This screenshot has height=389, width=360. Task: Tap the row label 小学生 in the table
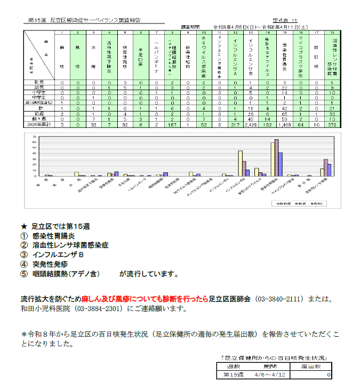click(x=39, y=92)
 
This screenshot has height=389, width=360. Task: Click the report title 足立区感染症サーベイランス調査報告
click(x=96, y=20)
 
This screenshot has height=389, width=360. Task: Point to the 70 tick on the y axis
click(x=35, y=137)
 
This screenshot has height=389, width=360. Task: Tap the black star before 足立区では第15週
click(x=23, y=227)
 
